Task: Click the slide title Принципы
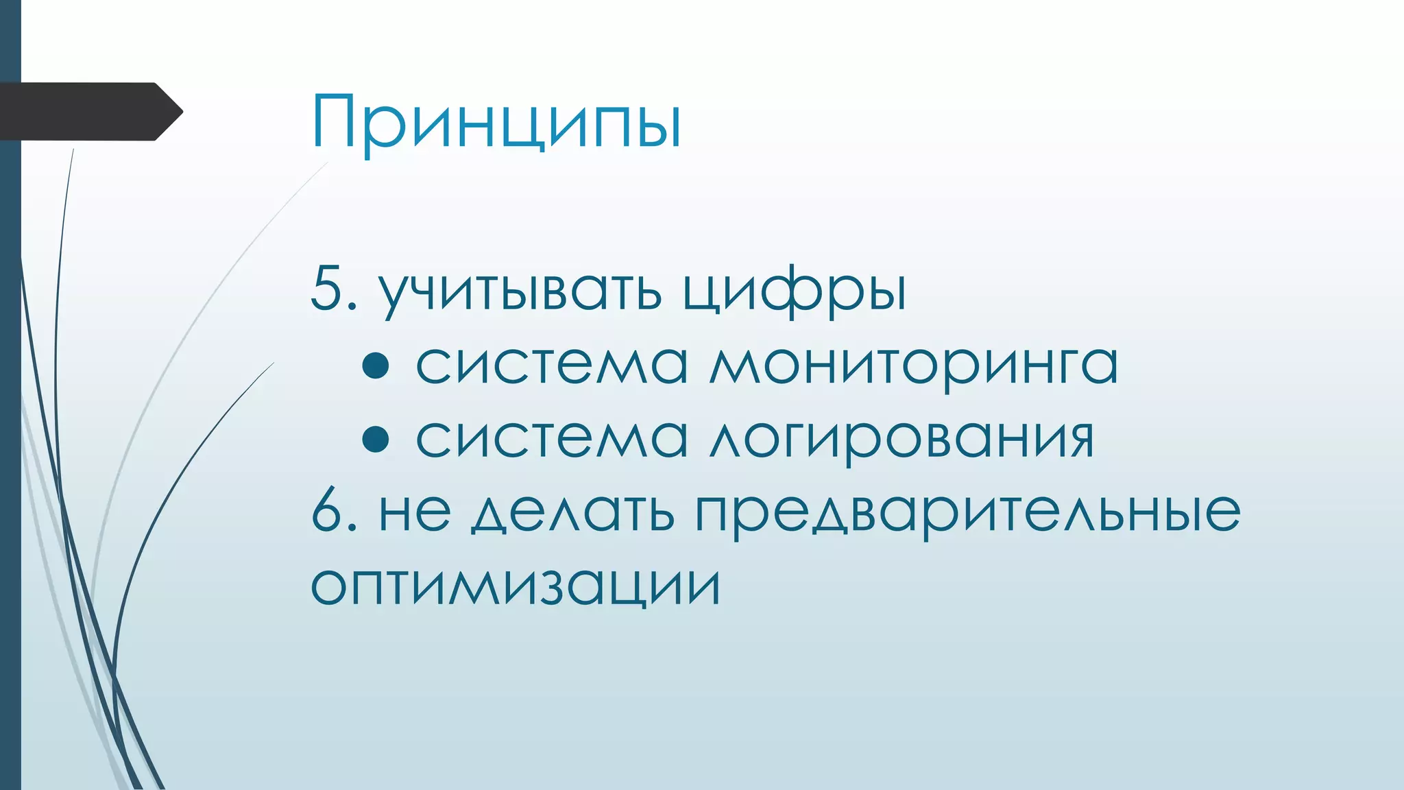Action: click(496, 122)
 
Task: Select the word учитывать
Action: click(520, 291)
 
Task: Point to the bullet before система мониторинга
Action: click(376, 366)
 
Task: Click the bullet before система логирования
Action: click(376, 439)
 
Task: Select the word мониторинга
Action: click(913, 366)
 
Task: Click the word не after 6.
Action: click(415, 512)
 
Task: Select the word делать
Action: click(572, 512)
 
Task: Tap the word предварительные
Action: click(967, 512)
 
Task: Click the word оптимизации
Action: click(516, 586)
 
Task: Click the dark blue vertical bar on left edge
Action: click(10, 480)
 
